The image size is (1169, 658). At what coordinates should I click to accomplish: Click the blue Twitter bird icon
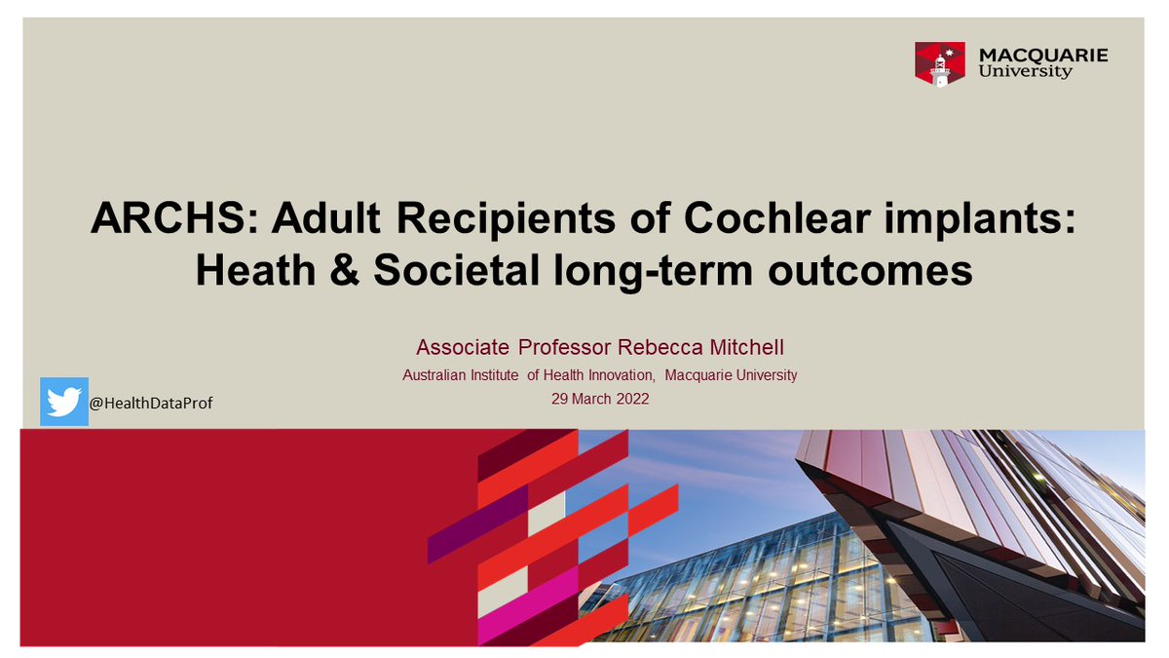(64, 402)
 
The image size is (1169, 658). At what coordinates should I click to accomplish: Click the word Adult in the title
(314, 221)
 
